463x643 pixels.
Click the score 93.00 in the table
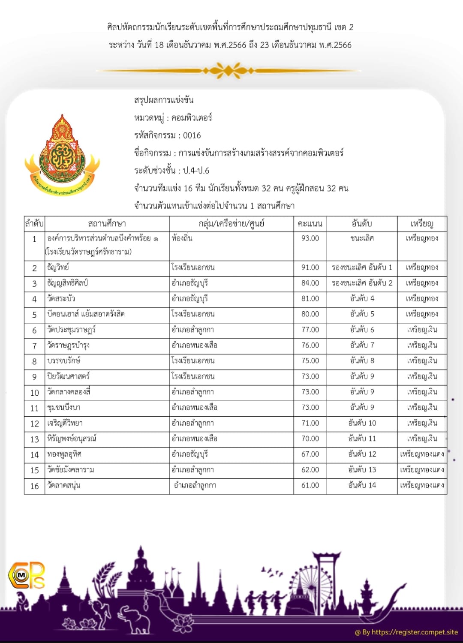point(310,238)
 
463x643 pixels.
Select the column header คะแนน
point(310,224)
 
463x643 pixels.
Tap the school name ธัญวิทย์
point(58,267)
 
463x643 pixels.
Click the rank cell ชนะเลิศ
point(362,238)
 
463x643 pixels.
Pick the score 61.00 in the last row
point(310,485)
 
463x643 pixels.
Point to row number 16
point(34,486)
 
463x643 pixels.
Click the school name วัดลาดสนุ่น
point(64,485)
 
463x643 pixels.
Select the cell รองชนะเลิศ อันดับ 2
point(362,283)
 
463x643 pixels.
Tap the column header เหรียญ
point(422,224)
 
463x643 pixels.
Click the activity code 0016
point(192,135)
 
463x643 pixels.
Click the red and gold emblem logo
point(62,154)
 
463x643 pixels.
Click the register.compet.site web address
point(415,632)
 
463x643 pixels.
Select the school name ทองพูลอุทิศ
point(64,454)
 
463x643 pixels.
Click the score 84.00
point(310,283)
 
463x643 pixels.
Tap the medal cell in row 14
point(422,454)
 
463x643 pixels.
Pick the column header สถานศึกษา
point(107,224)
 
